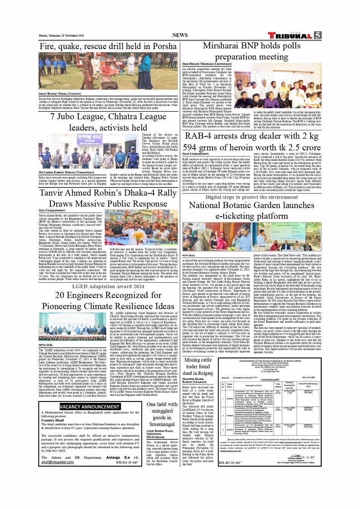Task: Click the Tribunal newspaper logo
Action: (x=291, y=35)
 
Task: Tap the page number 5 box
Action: (x=317, y=35)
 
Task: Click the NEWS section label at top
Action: (x=180, y=35)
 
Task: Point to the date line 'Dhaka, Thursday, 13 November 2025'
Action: (x=61, y=36)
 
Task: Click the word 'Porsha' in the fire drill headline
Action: (x=165, y=46)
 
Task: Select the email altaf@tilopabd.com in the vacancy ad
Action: (x=58, y=462)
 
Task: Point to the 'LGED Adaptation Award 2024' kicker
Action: (x=108, y=286)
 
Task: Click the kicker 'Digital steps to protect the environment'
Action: (x=251, y=197)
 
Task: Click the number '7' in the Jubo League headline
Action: (x=53, y=117)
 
